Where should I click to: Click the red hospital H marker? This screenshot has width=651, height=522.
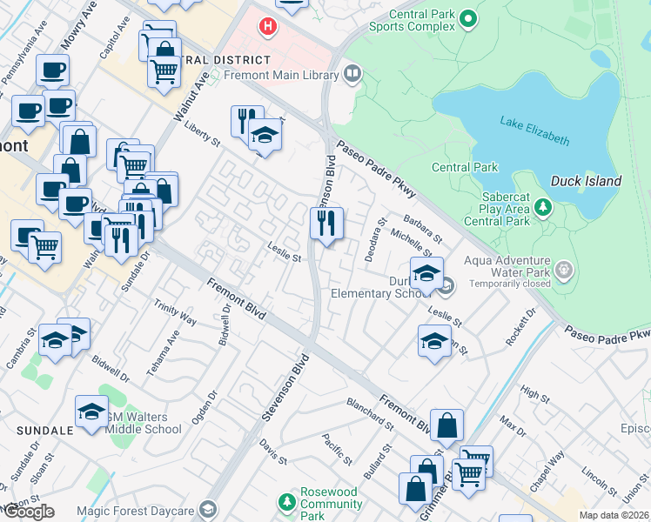pos(268,27)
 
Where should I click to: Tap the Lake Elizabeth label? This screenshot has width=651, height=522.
pos(534,130)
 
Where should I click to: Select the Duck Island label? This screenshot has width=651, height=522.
pos(586,181)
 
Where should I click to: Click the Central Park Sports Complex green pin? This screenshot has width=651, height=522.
pos(468,18)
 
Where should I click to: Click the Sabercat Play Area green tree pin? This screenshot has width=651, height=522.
pos(543,208)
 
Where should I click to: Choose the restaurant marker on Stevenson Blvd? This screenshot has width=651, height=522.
pos(326,224)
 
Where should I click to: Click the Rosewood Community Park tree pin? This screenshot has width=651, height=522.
pos(286,503)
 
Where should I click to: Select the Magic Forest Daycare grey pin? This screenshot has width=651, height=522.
pos(207,509)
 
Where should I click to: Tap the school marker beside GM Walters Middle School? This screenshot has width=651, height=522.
pos(91,412)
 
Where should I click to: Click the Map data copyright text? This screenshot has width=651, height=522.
pos(614,515)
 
